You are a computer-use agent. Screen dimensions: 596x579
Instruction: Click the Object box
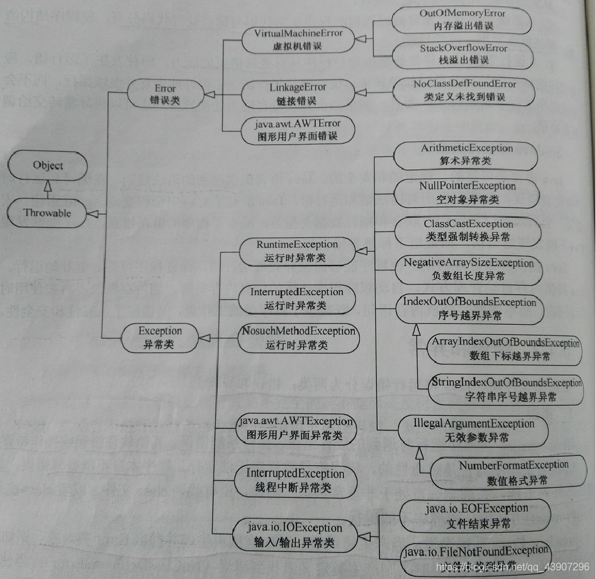click(x=48, y=166)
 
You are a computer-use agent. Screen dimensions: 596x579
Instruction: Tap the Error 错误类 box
click(x=166, y=94)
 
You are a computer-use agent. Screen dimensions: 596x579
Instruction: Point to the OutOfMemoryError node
click(x=463, y=20)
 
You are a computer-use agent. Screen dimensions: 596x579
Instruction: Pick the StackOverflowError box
click(x=463, y=54)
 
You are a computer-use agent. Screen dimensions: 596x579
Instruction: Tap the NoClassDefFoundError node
click(x=464, y=90)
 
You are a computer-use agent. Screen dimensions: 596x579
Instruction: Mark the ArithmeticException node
click(x=466, y=155)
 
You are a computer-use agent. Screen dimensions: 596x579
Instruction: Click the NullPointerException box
click(x=467, y=193)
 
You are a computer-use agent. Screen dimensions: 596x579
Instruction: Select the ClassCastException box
click(x=467, y=230)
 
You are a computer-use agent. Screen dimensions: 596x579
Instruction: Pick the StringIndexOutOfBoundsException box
click(x=505, y=389)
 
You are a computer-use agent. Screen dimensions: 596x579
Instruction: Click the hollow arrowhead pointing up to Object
click(x=47, y=185)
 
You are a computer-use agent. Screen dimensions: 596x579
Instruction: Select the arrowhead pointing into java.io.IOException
click(x=364, y=535)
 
